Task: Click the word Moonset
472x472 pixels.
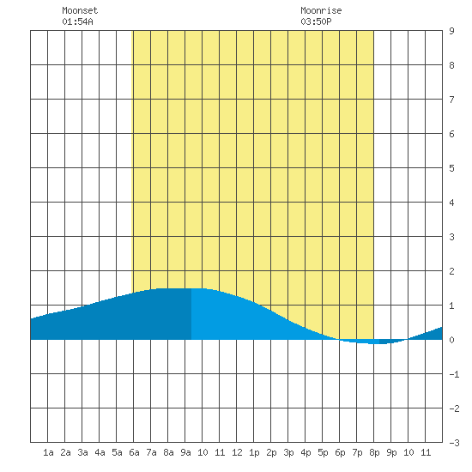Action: click(80, 10)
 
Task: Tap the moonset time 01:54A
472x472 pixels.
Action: click(77, 21)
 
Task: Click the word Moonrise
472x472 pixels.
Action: click(321, 10)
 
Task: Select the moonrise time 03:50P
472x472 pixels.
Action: click(316, 21)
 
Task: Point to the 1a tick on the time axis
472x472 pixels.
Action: click(48, 452)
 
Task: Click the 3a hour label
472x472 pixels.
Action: click(82, 452)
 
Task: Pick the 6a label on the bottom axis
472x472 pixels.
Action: click(134, 452)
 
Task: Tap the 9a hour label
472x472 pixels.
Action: click(185, 452)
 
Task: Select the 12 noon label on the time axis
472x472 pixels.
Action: click(237, 452)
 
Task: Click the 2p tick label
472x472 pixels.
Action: click(271, 452)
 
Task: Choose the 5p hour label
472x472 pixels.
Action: click(323, 452)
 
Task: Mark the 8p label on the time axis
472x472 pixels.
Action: click(374, 452)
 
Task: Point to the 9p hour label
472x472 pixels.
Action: click(391, 452)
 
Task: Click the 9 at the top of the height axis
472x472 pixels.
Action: click(451, 31)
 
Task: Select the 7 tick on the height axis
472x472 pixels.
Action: click(451, 100)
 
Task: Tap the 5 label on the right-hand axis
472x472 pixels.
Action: click(451, 168)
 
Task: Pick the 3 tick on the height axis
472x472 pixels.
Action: click(451, 237)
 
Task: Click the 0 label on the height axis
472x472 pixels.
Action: click(451, 340)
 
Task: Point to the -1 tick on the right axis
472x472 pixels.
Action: click(455, 374)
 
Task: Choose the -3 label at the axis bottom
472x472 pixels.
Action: click(455, 443)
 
